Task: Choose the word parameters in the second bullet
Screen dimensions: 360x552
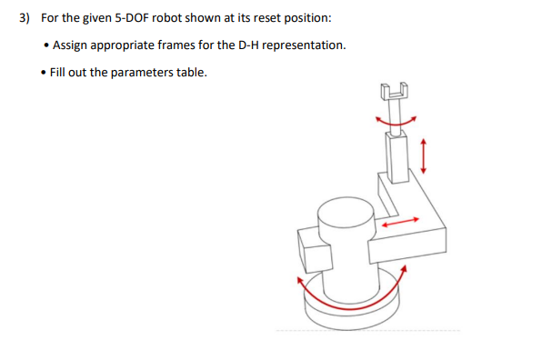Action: (x=147, y=72)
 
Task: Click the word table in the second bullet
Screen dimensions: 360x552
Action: (x=194, y=72)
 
